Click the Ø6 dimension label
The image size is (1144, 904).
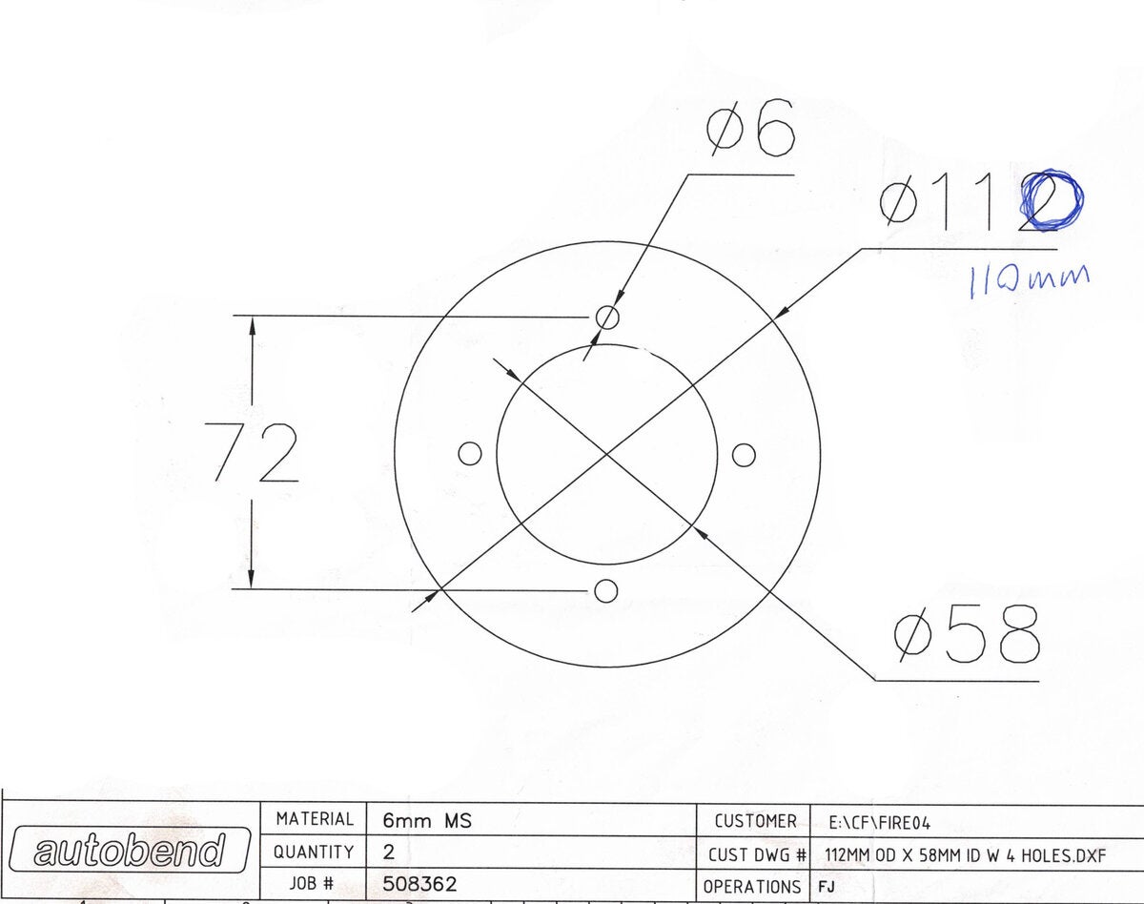(x=750, y=134)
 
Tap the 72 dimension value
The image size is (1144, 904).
(x=253, y=453)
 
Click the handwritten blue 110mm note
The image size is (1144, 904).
(x=1028, y=280)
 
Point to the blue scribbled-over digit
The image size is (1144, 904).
(x=1052, y=200)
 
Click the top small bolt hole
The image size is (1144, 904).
(x=607, y=317)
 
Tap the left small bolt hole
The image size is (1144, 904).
(x=469, y=454)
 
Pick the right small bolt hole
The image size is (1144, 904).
(x=745, y=454)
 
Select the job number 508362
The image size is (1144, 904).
(x=420, y=884)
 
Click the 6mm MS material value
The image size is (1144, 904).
(x=426, y=820)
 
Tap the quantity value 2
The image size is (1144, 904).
(x=389, y=853)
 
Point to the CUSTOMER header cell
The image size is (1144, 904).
(x=754, y=820)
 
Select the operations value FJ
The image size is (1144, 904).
(x=827, y=886)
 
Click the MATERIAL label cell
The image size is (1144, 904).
(x=315, y=819)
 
